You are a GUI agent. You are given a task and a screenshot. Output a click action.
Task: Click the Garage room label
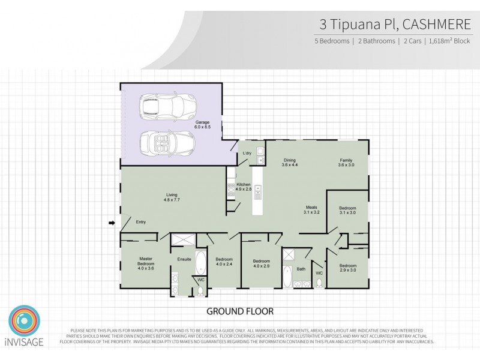(x=211, y=124)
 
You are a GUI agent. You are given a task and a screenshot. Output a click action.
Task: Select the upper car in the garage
(x=162, y=108)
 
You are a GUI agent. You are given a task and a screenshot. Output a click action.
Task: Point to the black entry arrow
(x=112, y=223)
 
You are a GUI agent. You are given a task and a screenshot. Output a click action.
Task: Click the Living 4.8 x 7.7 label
(x=175, y=197)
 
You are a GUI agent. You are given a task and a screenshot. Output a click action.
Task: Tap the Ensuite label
(x=184, y=259)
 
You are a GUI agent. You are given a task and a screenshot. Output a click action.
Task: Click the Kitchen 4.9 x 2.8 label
(x=244, y=186)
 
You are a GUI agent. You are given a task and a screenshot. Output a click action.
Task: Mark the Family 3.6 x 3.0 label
(x=345, y=161)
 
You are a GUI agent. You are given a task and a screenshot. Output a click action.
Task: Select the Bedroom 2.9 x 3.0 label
(x=348, y=268)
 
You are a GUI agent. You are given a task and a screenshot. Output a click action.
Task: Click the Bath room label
(x=301, y=269)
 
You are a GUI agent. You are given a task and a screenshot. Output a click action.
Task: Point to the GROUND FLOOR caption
(x=240, y=311)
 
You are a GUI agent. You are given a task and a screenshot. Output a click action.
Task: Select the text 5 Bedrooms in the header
(x=331, y=41)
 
